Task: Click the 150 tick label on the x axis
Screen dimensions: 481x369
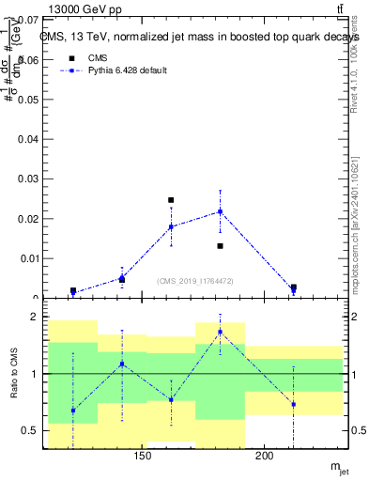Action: (143, 457)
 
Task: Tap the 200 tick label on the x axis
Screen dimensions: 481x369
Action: (265, 457)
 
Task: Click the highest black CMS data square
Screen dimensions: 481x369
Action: (171, 200)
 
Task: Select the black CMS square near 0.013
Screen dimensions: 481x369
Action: (220, 246)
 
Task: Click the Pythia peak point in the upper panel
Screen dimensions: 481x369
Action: (220, 211)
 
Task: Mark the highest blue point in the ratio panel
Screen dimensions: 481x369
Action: (220, 332)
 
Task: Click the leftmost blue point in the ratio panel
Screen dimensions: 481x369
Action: (73, 411)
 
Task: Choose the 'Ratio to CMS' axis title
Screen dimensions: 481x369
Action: (14, 376)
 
